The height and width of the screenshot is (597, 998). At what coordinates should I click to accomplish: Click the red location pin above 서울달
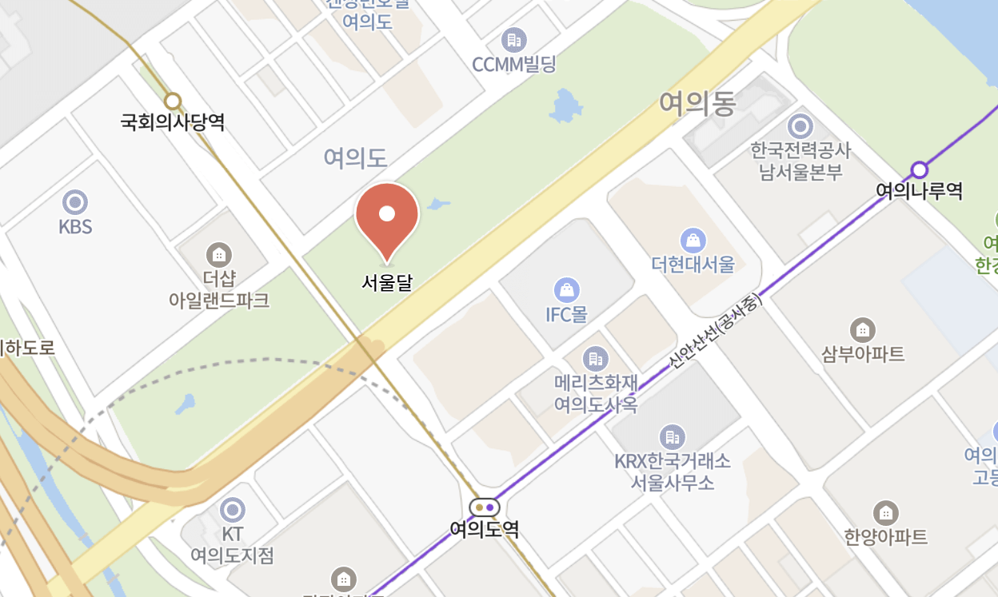[387, 213]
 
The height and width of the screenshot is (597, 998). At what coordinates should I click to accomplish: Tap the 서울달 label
[387, 282]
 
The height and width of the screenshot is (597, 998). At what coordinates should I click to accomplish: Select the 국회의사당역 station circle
[173, 101]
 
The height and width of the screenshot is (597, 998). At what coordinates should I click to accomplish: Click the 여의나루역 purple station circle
[920, 169]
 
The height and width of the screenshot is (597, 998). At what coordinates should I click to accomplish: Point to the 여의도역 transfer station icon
[485, 507]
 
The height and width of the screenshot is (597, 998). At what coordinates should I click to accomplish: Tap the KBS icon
[75, 202]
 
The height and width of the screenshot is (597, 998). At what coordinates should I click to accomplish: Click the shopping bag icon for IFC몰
[566, 289]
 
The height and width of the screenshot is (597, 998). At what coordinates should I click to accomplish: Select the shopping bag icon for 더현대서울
[693, 240]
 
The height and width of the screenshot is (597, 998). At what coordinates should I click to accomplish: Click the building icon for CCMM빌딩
[513, 39]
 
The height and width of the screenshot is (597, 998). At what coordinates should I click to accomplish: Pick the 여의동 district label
[697, 104]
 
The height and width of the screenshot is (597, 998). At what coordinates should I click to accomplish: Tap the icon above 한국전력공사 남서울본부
[800, 126]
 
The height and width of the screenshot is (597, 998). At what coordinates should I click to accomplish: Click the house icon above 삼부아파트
[862, 329]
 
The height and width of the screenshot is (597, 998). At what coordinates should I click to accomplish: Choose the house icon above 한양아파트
[885, 512]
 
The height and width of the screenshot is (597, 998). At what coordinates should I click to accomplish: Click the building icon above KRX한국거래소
[672, 437]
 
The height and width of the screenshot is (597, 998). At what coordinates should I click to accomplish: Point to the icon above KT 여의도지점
[232, 510]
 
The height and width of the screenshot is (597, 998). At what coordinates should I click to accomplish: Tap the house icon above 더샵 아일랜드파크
[218, 255]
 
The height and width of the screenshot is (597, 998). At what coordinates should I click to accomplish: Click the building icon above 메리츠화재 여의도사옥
[595, 359]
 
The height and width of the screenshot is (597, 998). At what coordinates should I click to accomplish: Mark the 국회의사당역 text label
[173, 123]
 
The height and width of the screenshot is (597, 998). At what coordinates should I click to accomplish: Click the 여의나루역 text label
[920, 191]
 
